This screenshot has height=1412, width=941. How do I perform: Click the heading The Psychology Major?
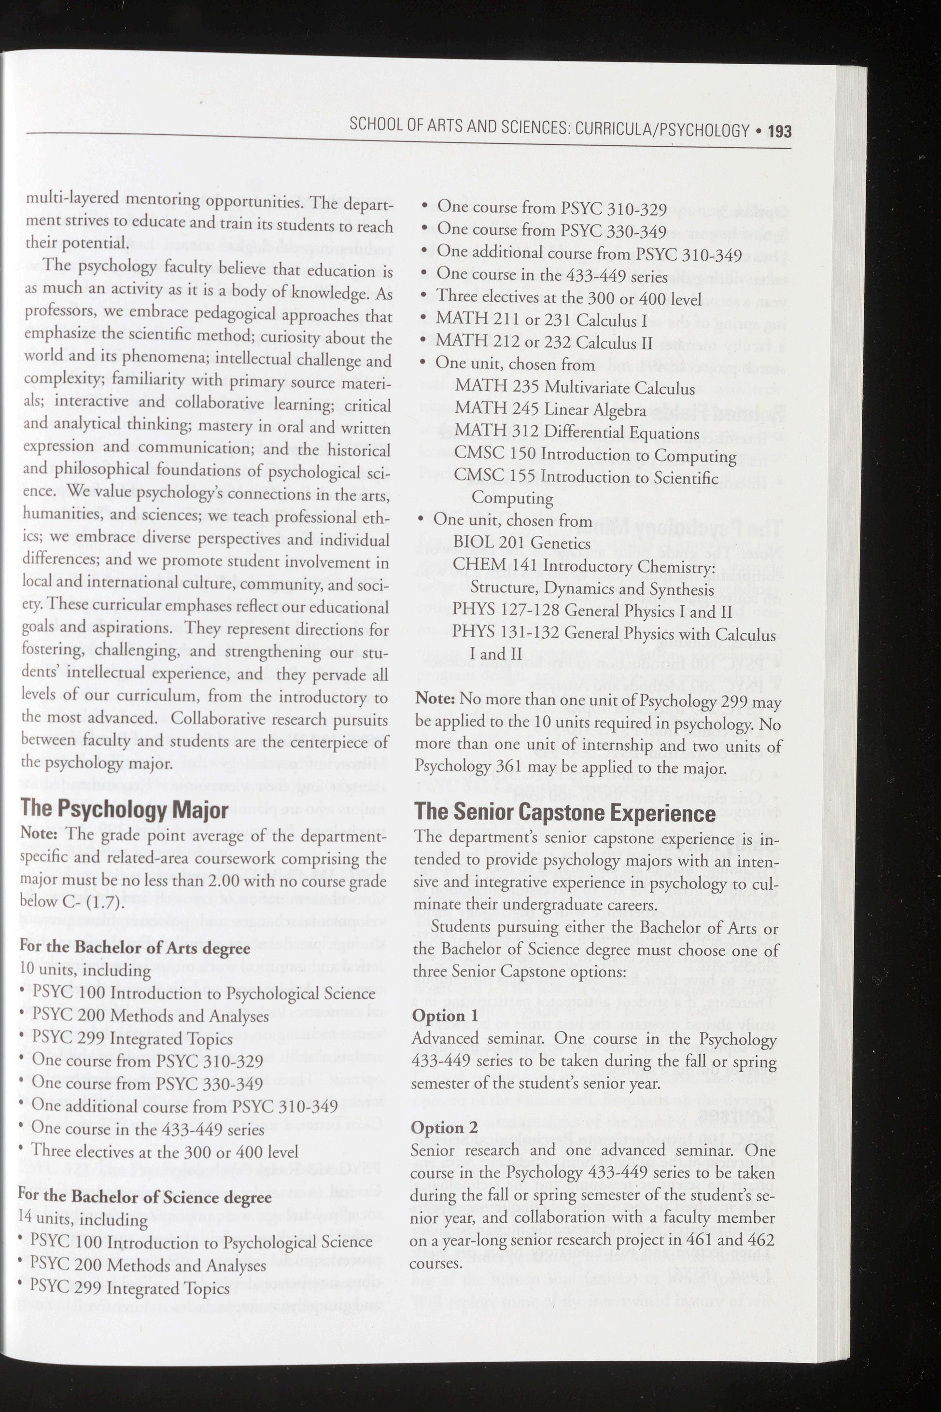pos(124,810)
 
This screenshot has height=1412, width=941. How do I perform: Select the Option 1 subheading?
pos(445,1015)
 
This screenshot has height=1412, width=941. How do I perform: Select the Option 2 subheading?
pos(444,1111)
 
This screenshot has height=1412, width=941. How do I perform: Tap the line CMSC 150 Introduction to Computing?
pos(595,456)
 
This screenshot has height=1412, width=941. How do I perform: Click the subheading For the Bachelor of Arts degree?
pos(135,948)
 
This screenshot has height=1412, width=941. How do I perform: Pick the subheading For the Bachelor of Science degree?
pos(145,1198)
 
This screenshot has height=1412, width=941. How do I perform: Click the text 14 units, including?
pos(84,1219)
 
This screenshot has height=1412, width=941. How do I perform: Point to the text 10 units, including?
pos(85,970)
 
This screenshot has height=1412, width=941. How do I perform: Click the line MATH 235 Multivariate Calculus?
pos(575,388)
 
